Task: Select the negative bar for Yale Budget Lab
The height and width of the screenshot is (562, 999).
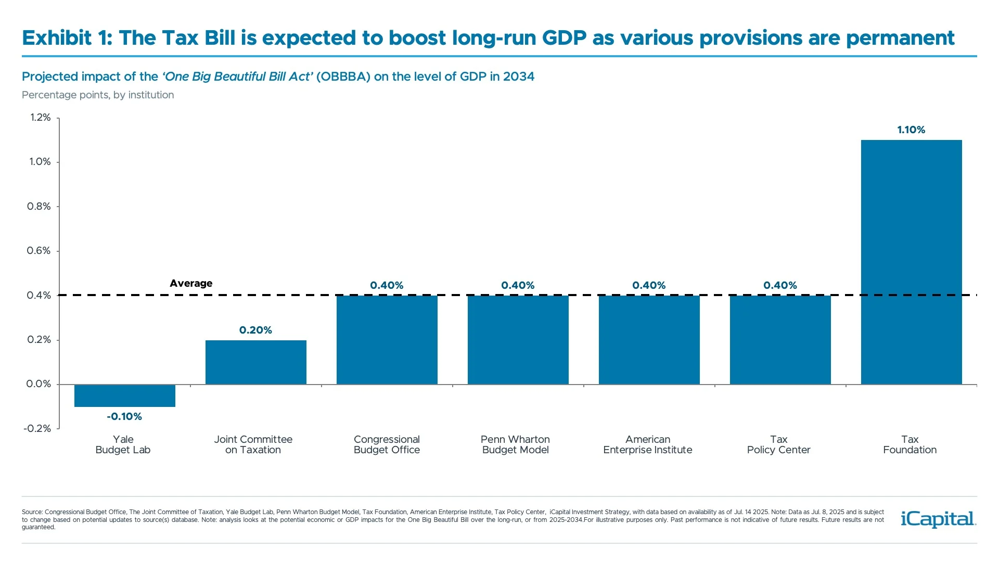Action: pyautogui.click(x=125, y=395)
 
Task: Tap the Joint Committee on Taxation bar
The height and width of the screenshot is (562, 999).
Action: pyautogui.click(x=255, y=362)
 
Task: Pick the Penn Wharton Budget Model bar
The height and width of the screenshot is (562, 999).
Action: pyautogui.click(x=518, y=340)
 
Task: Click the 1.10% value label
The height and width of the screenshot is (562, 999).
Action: pyautogui.click(x=911, y=130)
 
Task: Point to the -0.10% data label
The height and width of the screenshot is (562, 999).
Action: pyautogui.click(x=124, y=416)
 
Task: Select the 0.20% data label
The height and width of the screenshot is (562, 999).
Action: pyautogui.click(x=255, y=330)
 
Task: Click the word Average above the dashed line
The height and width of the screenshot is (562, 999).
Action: pyautogui.click(x=191, y=283)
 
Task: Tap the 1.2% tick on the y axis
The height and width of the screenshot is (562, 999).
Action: pyautogui.click(x=40, y=118)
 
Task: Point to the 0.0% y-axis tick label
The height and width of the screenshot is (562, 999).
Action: pyautogui.click(x=39, y=384)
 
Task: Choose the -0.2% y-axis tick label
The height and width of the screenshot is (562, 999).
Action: pyautogui.click(x=37, y=428)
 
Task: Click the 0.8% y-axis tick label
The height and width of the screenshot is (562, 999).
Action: pyautogui.click(x=39, y=207)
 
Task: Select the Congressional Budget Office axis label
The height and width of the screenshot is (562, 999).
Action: pyautogui.click(x=387, y=444)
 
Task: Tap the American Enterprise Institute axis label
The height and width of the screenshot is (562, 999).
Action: pyautogui.click(x=647, y=444)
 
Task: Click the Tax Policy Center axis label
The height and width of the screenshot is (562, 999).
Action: pyautogui.click(x=778, y=444)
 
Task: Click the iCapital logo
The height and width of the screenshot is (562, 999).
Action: pyautogui.click(x=938, y=519)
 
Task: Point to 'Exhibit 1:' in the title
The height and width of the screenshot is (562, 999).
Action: pyautogui.click(x=67, y=38)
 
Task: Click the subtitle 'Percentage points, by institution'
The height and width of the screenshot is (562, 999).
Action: pyautogui.click(x=98, y=95)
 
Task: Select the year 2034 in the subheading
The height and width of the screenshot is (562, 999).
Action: pyautogui.click(x=518, y=76)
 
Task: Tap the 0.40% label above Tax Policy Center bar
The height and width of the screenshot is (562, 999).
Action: pyautogui.click(x=780, y=285)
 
